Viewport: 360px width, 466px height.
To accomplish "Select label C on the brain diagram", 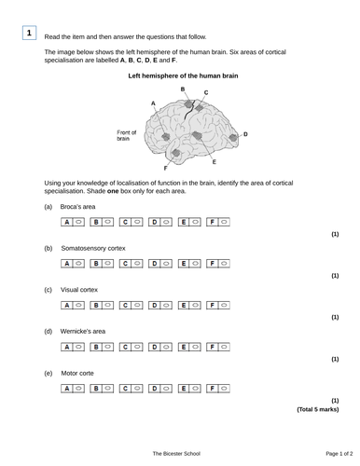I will click(205, 93).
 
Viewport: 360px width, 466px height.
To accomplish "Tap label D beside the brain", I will click(245, 134).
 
